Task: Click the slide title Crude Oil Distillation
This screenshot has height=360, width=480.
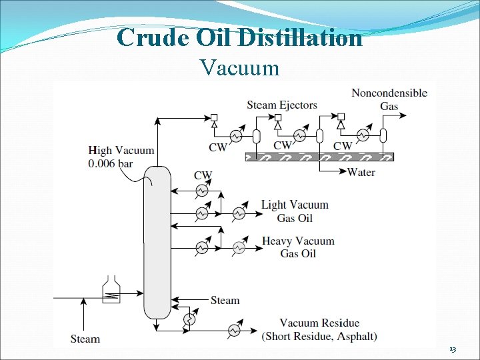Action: (239, 37)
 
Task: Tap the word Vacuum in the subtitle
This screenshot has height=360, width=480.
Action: (239, 67)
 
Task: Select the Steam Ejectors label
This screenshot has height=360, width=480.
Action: (282, 105)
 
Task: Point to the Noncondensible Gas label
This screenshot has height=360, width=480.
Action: (389, 99)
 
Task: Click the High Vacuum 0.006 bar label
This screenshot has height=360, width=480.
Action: (121, 157)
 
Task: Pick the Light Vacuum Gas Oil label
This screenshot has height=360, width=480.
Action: (295, 211)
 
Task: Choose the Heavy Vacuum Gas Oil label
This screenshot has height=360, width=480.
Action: (298, 247)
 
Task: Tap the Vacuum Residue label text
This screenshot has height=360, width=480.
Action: (319, 323)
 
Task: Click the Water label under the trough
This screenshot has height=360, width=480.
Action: (361, 172)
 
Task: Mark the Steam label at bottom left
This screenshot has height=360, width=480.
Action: (85, 339)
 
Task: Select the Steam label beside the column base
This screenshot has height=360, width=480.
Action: (225, 300)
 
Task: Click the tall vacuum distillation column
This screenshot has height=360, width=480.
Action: (157, 241)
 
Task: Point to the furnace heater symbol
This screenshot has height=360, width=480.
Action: (111, 290)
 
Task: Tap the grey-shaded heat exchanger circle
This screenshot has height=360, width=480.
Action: (239, 248)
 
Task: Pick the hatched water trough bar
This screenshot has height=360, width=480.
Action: (320, 157)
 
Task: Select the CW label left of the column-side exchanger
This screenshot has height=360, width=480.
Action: (203, 176)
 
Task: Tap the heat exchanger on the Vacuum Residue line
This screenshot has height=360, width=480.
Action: (234, 330)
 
